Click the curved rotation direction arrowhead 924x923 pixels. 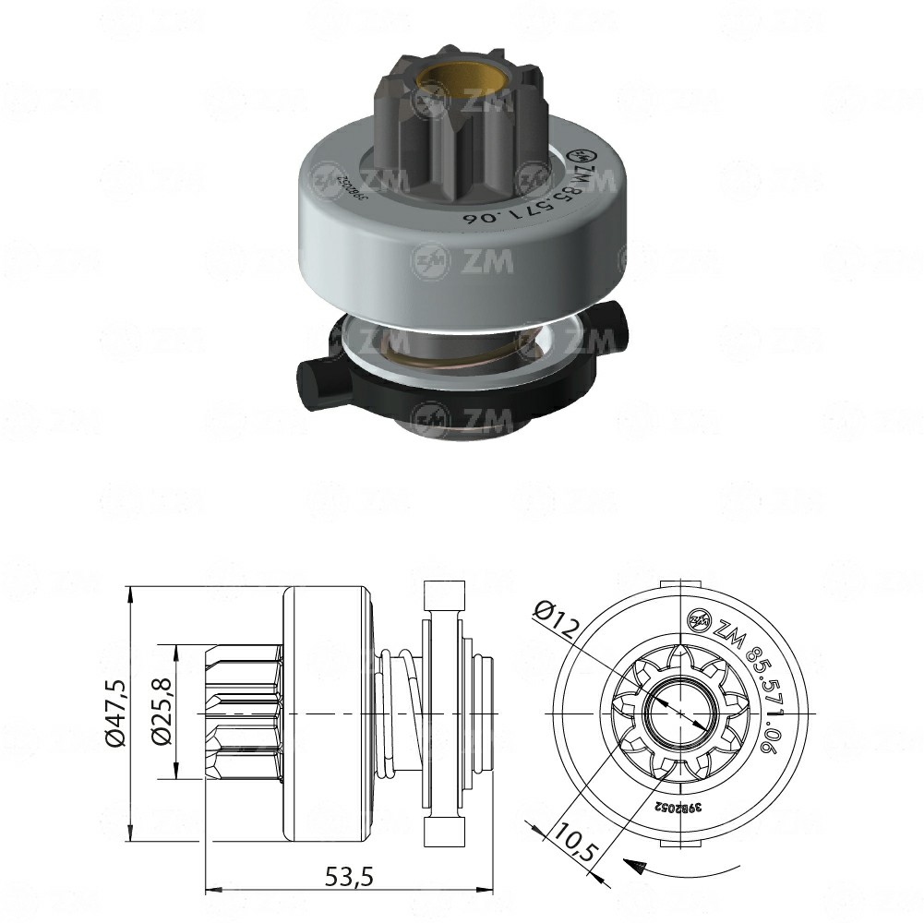pos(631,865)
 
